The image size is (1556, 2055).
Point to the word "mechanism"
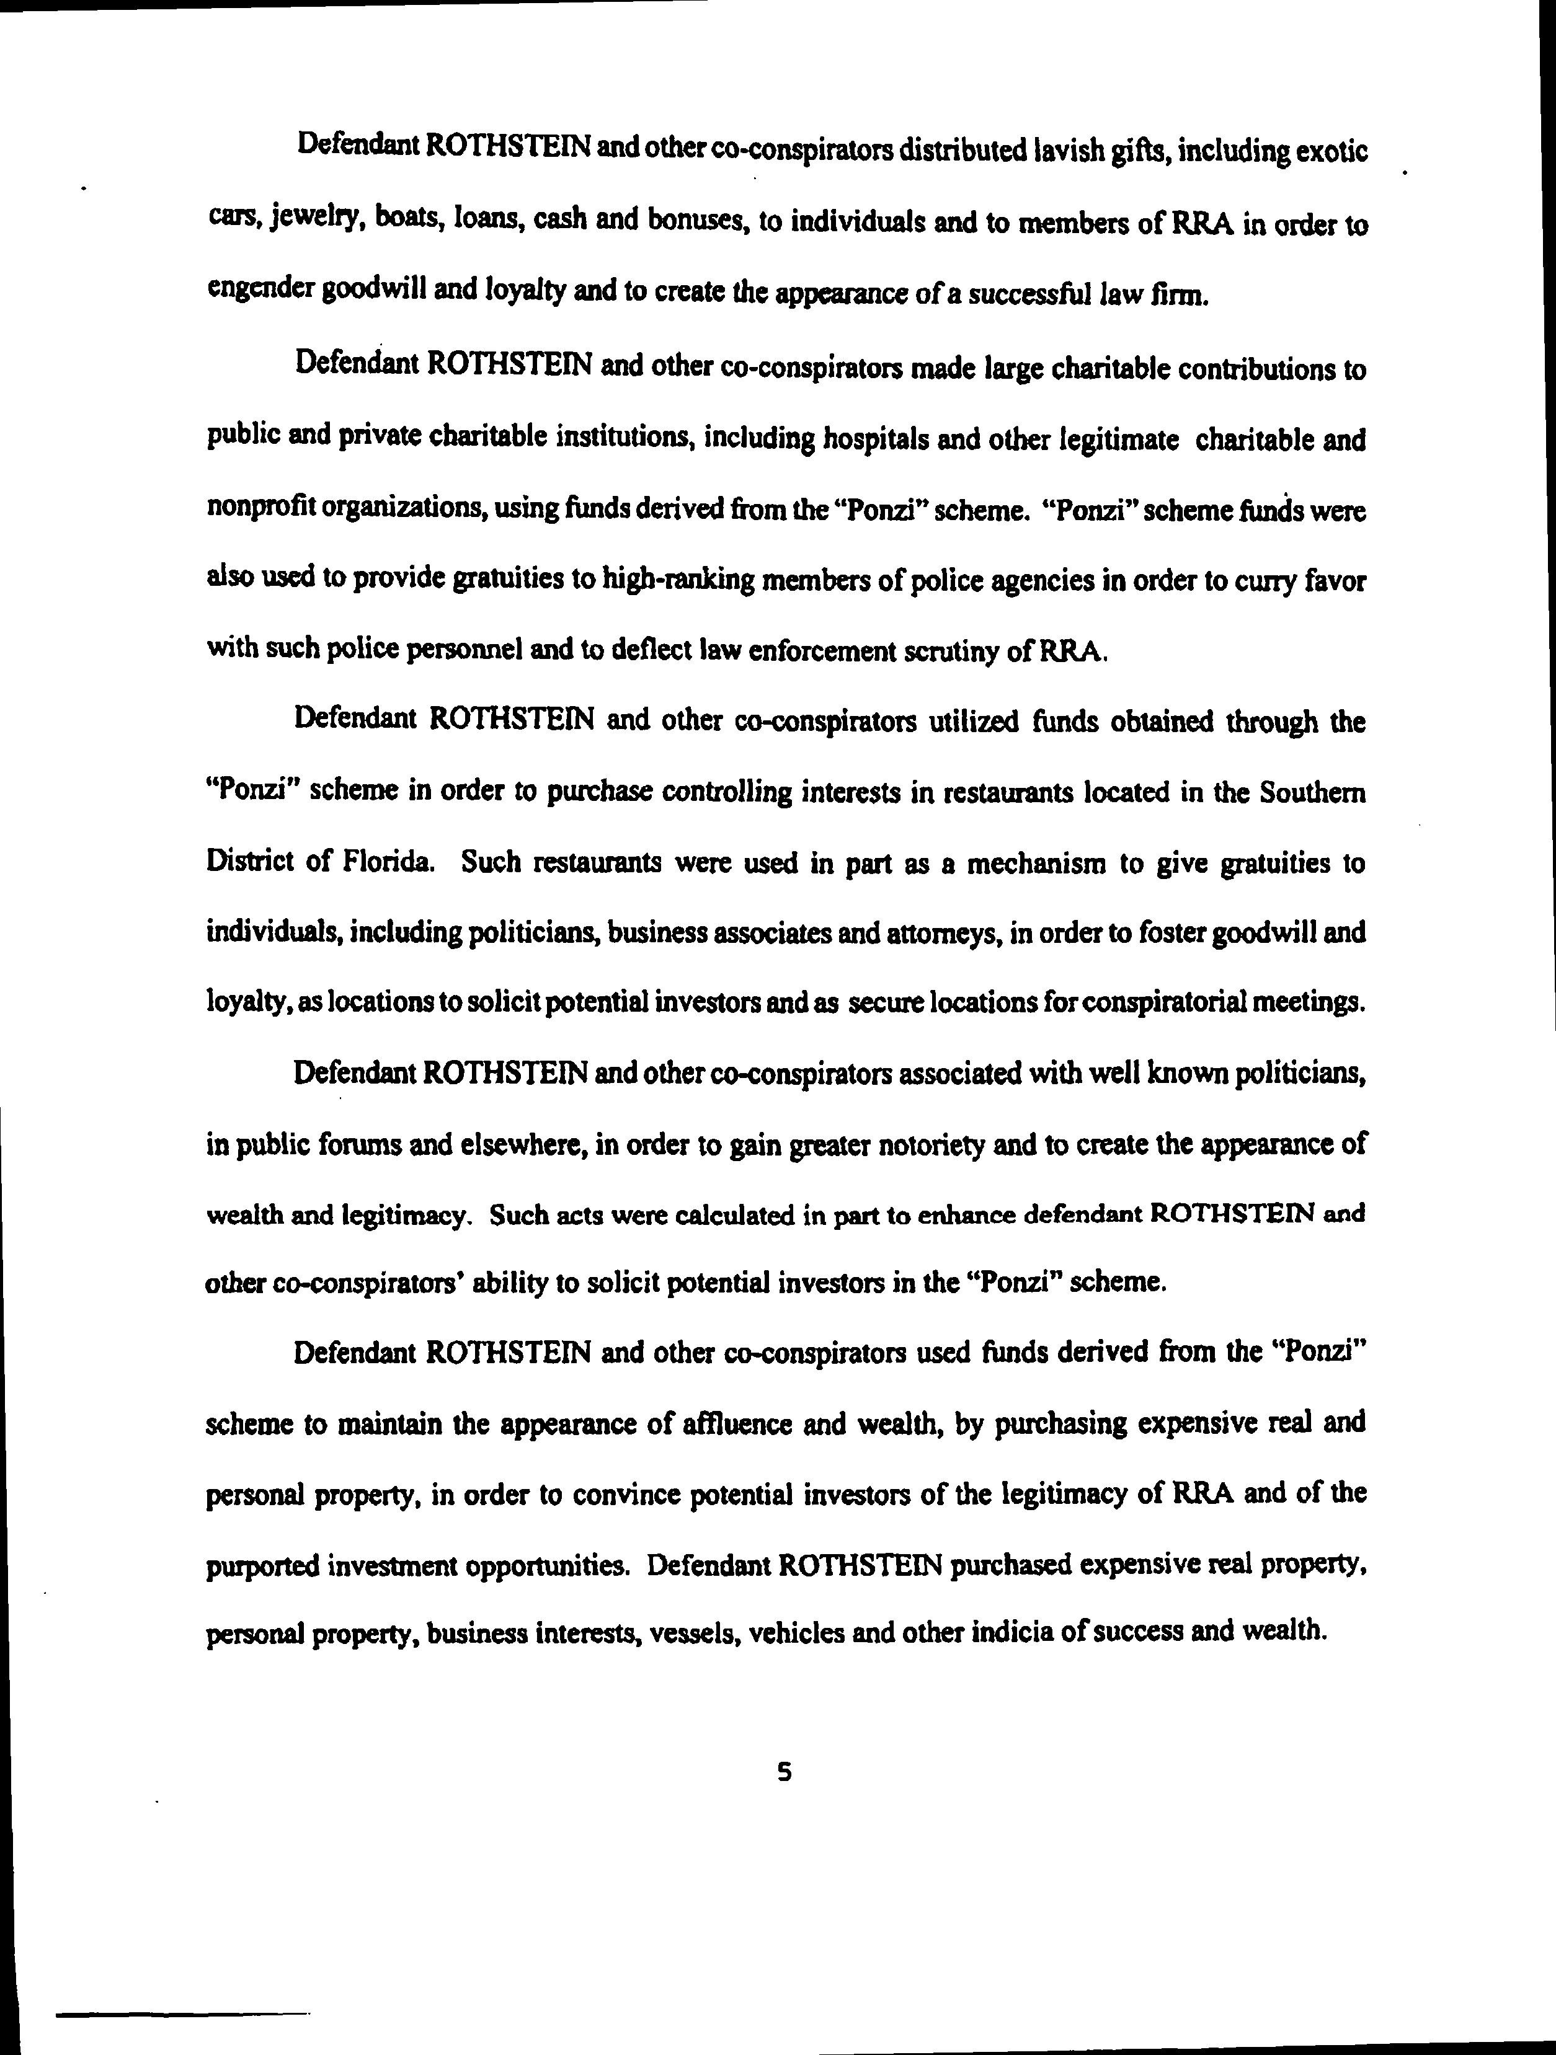pos(1036,863)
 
